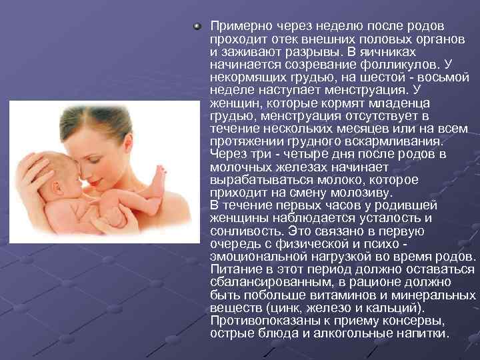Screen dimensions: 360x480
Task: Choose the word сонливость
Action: [243, 231]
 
